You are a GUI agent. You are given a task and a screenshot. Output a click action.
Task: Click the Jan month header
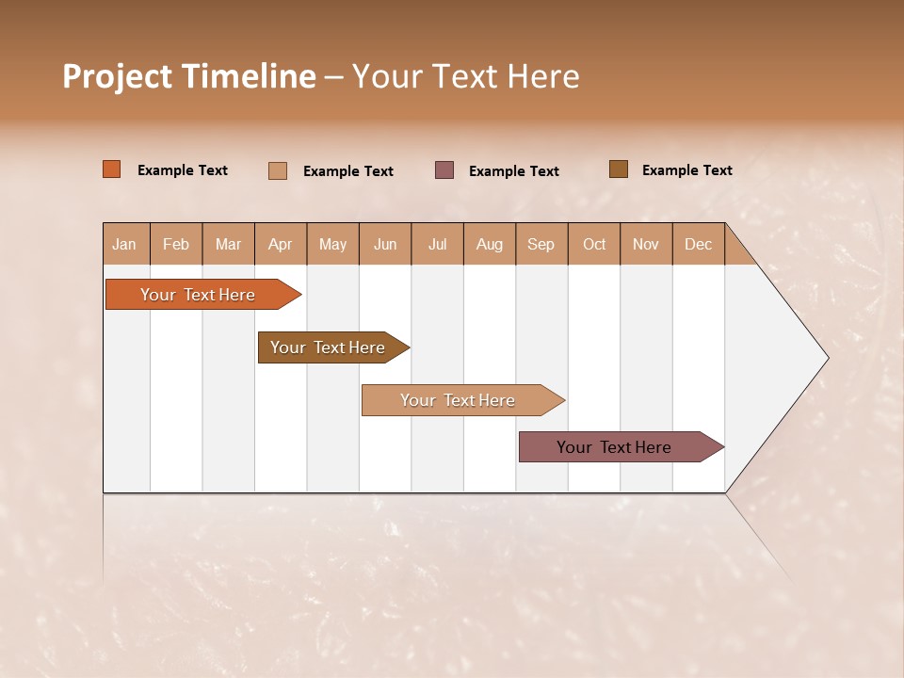125,244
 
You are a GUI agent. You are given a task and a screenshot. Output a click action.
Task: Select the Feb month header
176,244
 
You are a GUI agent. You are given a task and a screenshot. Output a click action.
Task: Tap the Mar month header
228,244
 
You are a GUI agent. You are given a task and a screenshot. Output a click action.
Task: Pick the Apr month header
281,244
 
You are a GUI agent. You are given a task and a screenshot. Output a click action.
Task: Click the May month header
332,244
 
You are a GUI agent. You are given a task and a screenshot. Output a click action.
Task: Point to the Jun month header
385,244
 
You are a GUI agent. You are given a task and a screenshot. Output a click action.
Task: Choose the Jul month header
437,244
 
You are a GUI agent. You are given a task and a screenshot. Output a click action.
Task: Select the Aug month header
490,244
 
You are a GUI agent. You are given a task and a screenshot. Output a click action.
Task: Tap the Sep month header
541,244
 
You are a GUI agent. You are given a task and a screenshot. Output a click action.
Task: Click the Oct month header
594,244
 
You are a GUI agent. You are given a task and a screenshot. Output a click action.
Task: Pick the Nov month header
646,244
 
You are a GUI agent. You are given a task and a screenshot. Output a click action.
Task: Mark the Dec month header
698,244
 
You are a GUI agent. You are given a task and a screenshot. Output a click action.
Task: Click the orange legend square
112,169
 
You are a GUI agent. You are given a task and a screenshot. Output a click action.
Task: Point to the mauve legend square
444,169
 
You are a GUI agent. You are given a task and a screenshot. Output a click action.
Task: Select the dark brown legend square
619,169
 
